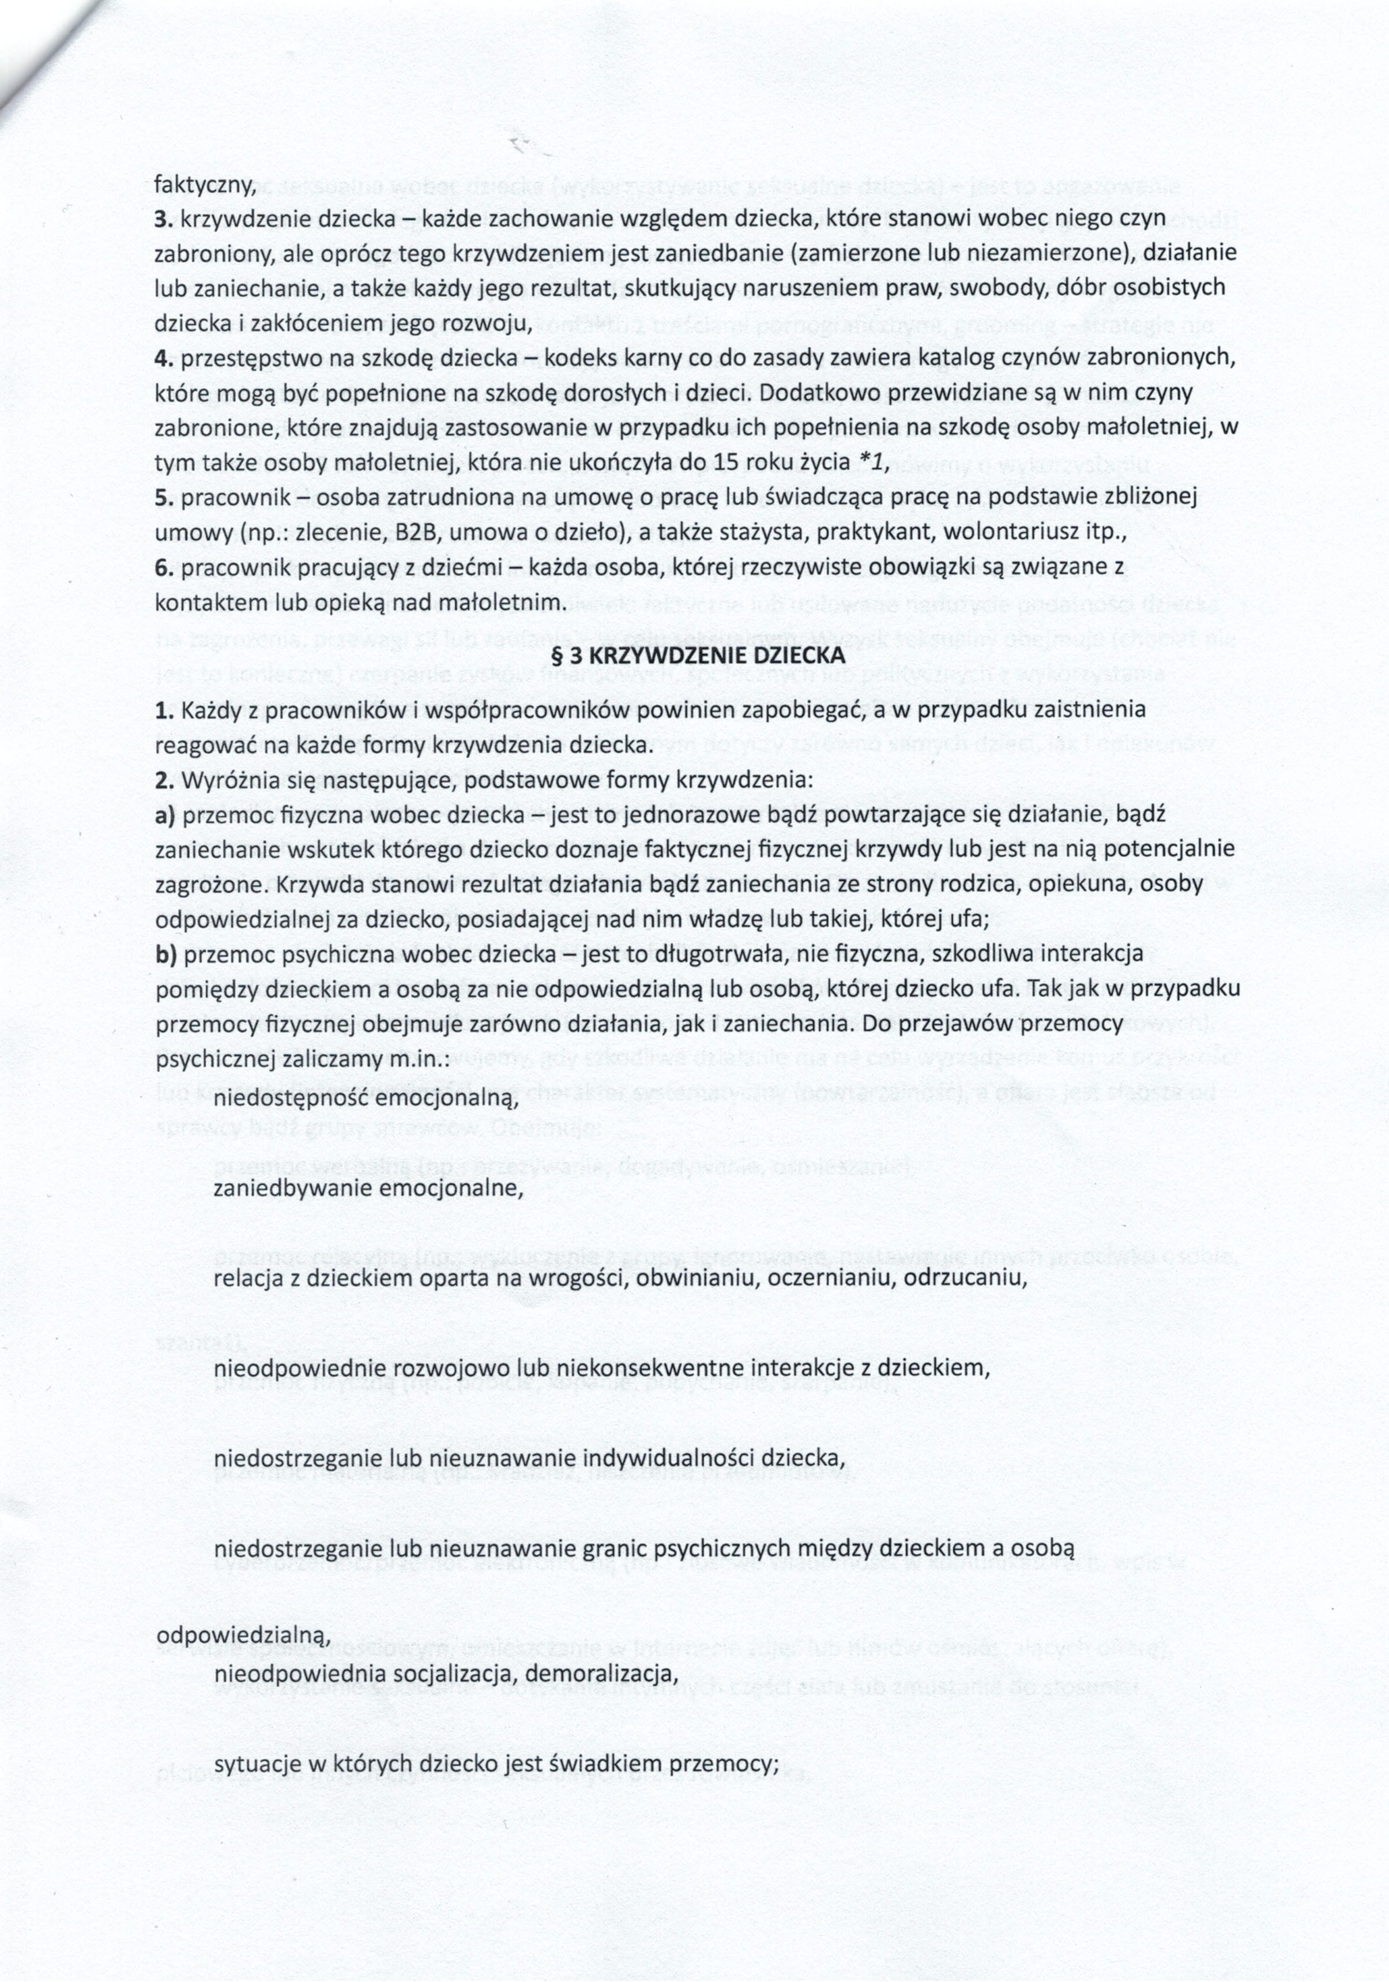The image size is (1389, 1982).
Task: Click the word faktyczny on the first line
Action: click(x=204, y=184)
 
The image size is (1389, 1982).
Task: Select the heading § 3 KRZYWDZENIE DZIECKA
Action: click(x=698, y=655)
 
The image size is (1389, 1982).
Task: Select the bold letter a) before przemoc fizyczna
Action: click(x=165, y=814)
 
